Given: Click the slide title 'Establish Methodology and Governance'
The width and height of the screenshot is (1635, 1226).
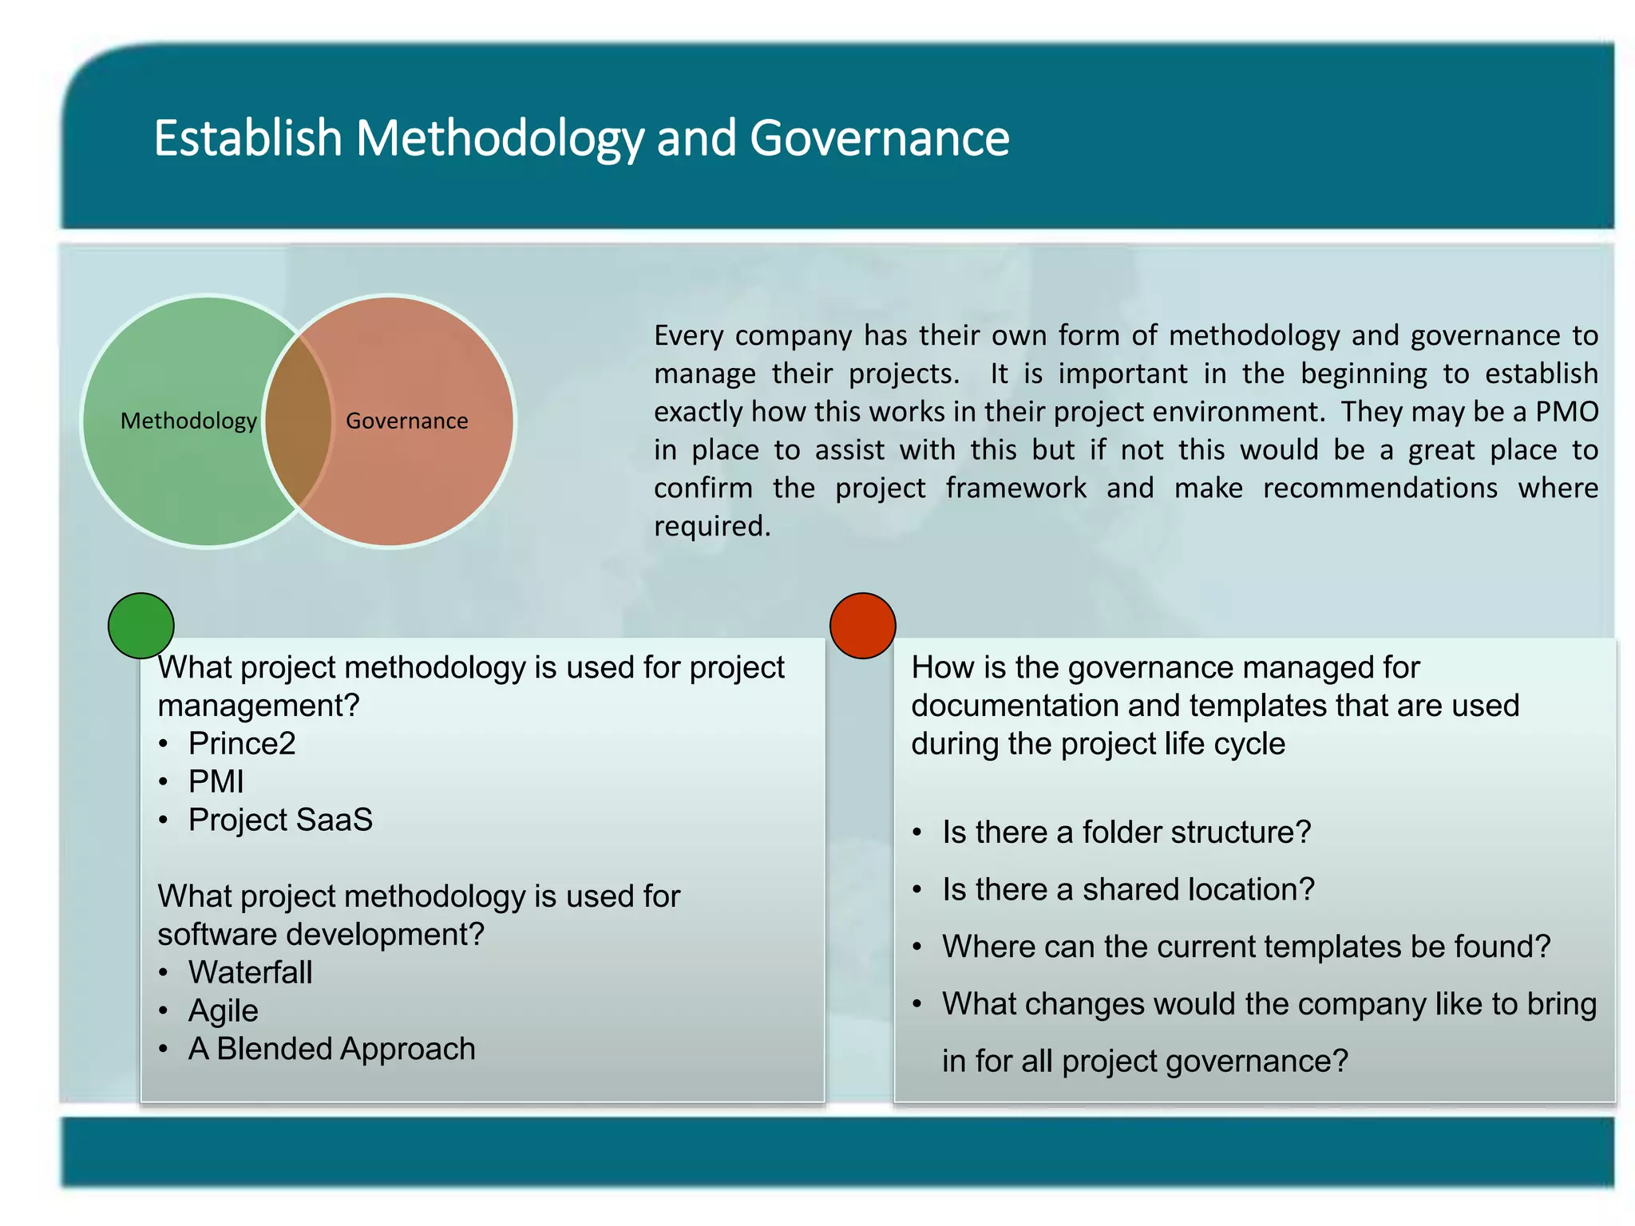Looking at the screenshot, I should [x=581, y=139].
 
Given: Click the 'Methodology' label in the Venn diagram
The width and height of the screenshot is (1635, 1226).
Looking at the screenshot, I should [x=188, y=421].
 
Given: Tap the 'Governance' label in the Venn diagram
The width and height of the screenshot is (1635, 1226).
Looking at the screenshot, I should [x=406, y=421].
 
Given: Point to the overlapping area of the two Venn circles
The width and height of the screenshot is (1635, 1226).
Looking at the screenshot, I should [x=298, y=421].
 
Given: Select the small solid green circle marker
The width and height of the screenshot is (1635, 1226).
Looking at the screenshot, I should [x=141, y=626].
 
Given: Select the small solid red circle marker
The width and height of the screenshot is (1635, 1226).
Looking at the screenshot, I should [x=862, y=626].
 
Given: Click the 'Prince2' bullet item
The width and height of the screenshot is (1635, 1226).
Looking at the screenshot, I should [x=242, y=744].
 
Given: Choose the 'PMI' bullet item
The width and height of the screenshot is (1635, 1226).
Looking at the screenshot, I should [x=216, y=782].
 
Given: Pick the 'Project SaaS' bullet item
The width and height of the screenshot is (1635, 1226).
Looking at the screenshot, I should [x=280, y=821].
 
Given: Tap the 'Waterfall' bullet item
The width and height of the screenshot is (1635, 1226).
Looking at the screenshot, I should [x=250, y=973].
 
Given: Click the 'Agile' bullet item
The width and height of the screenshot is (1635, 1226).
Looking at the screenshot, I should [x=223, y=1011].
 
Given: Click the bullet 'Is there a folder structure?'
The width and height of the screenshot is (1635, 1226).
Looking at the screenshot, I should [x=1126, y=832].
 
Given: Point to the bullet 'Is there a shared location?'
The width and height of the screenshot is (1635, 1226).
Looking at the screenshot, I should [x=1127, y=890].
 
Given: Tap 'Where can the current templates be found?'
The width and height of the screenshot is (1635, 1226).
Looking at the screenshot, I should [x=1245, y=947].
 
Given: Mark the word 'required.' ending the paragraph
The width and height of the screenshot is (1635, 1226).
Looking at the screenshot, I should [x=712, y=527].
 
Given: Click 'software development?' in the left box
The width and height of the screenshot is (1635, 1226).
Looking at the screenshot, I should [x=321, y=935].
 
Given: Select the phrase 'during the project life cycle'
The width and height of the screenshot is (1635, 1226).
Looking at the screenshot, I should [x=1098, y=744].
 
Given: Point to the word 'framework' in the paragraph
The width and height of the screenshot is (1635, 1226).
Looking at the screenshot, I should [x=1015, y=488].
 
